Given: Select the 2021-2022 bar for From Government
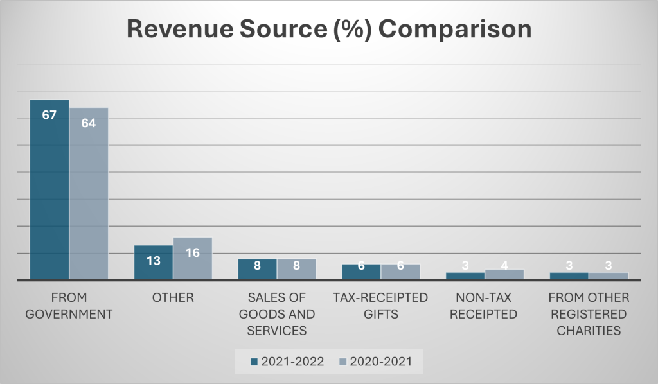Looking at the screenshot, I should click(49, 193).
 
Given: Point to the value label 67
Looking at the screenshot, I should click(49, 116).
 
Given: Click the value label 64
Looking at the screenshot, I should click(89, 123).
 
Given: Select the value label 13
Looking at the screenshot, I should click(154, 262).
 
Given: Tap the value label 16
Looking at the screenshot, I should click(193, 252).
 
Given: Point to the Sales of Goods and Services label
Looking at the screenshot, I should click(278, 315).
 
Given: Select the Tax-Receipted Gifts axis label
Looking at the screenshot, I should click(380, 306).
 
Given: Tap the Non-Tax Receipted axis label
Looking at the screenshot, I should click(484, 306).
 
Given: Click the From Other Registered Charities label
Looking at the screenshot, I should click(588, 315).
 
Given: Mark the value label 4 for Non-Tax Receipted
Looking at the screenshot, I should click(504, 264).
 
